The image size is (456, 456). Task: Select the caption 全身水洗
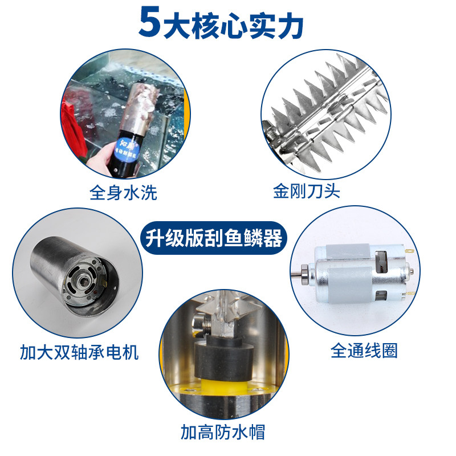tap(123, 193)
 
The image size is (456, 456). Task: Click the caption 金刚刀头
tap(307, 190)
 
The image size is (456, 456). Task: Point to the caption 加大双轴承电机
tap(79, 352)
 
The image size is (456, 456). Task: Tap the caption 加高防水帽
tap(223, 431)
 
